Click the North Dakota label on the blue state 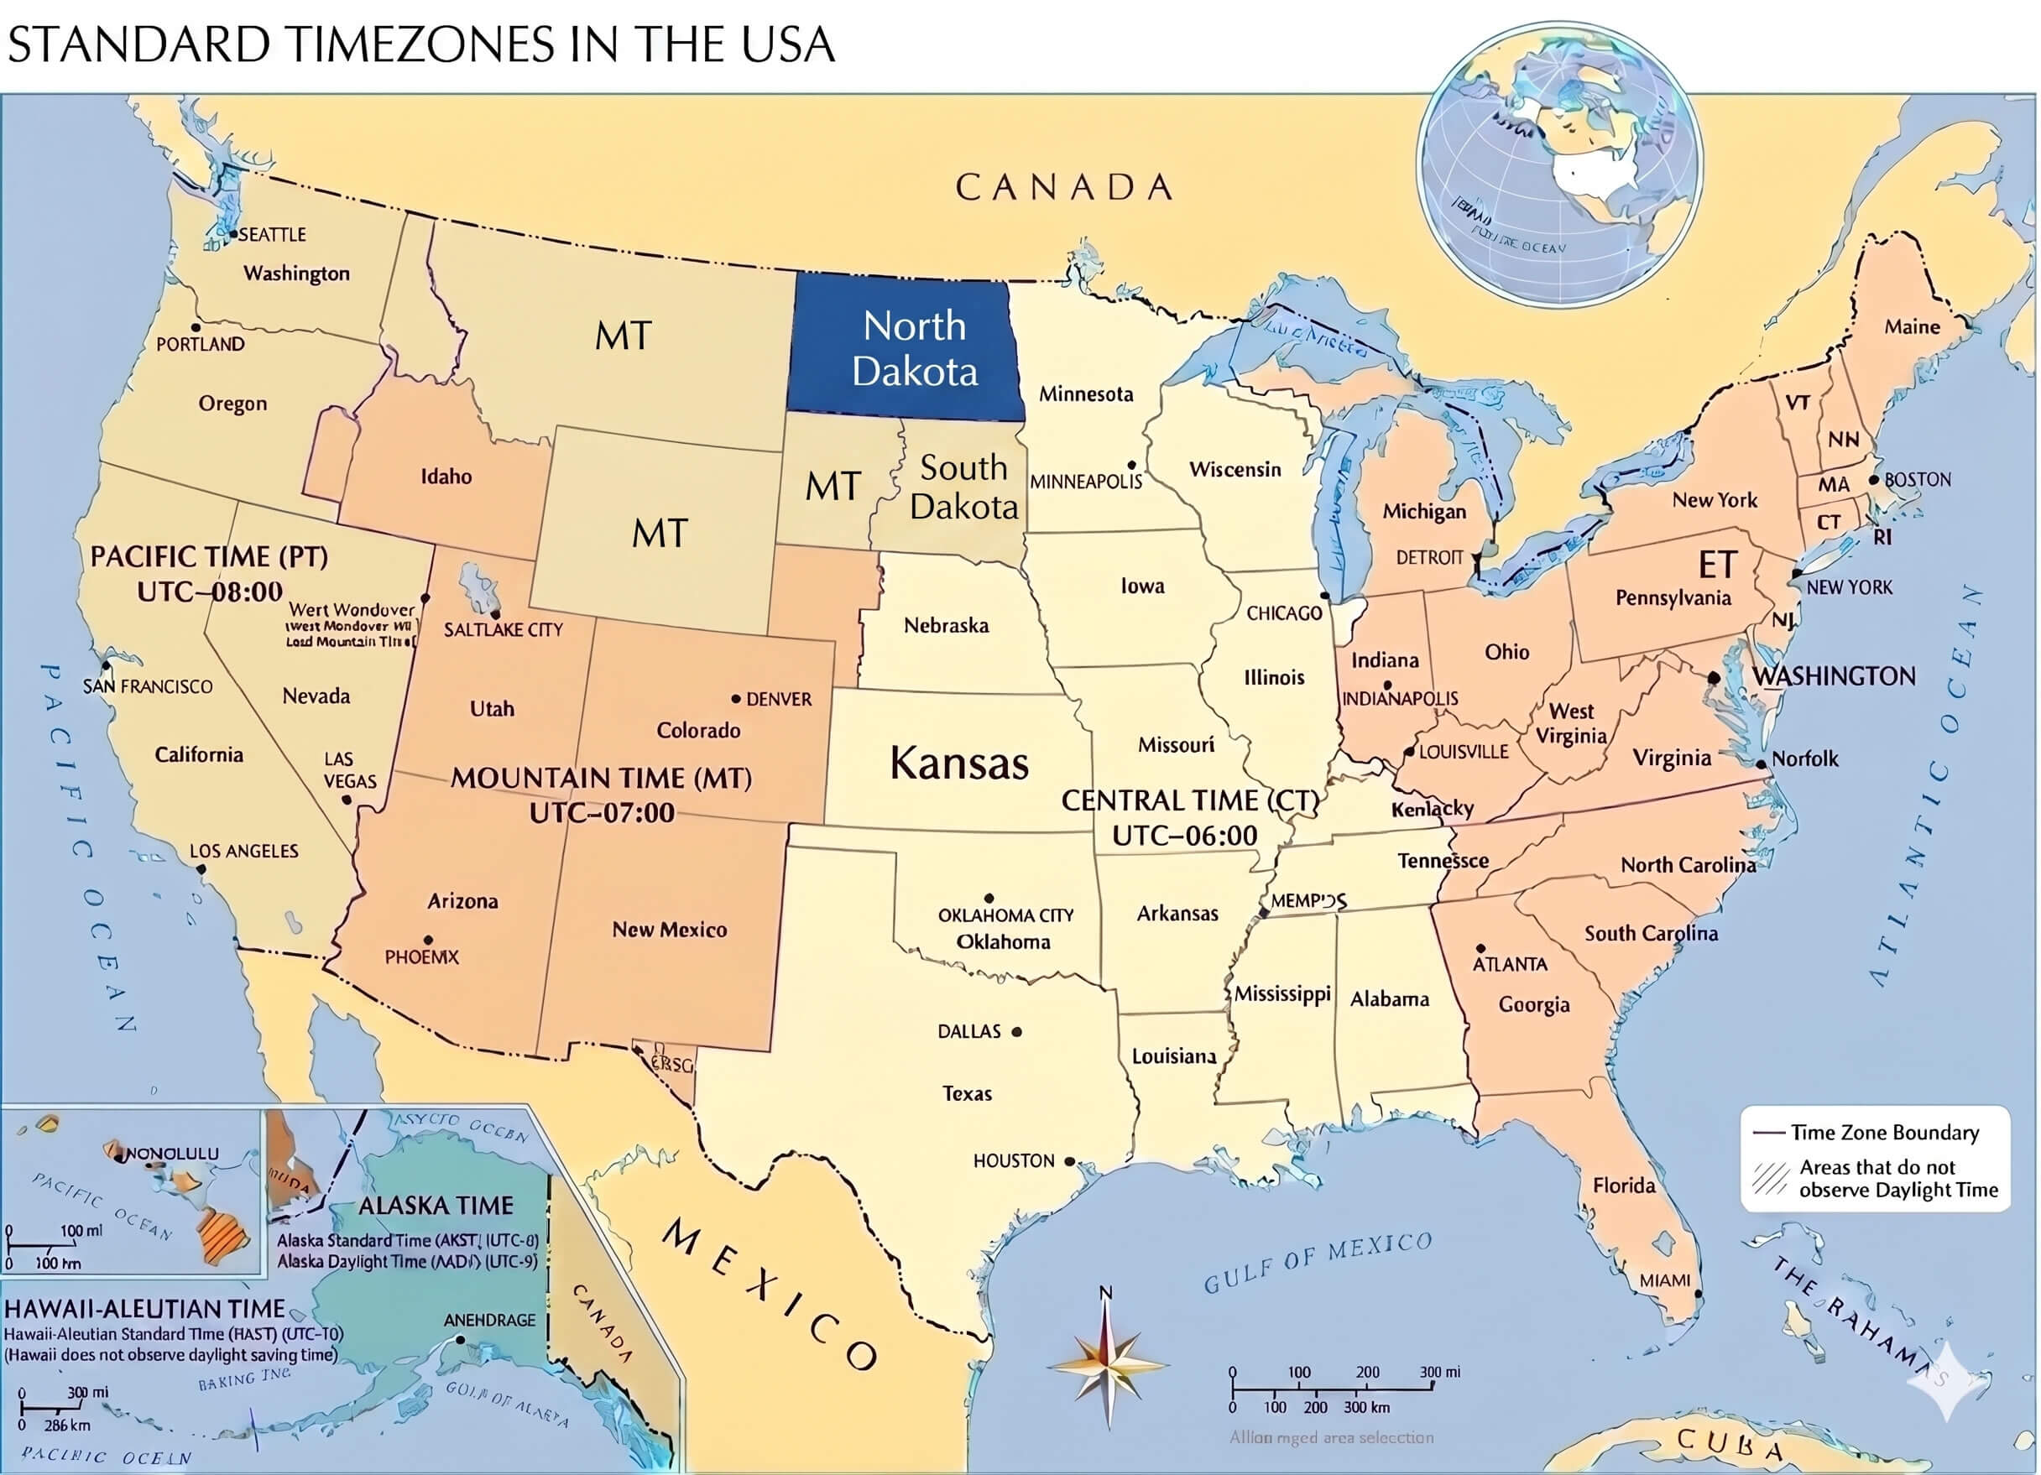914,348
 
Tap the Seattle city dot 232,234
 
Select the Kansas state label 958,764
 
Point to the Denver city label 779,699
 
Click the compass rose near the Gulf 1108,1364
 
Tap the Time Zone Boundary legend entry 1883,1132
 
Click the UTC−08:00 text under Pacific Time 210,592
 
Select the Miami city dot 1698,1294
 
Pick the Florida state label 1623,1186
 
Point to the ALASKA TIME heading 436,1205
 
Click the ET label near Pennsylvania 1717,566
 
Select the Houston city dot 1069,1162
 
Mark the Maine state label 1913,326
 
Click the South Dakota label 963,487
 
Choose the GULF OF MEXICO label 1318,1263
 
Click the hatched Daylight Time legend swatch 1769,1179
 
